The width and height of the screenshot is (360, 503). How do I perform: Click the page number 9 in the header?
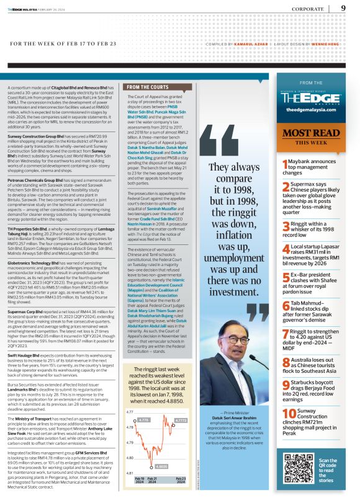pos(344,8)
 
